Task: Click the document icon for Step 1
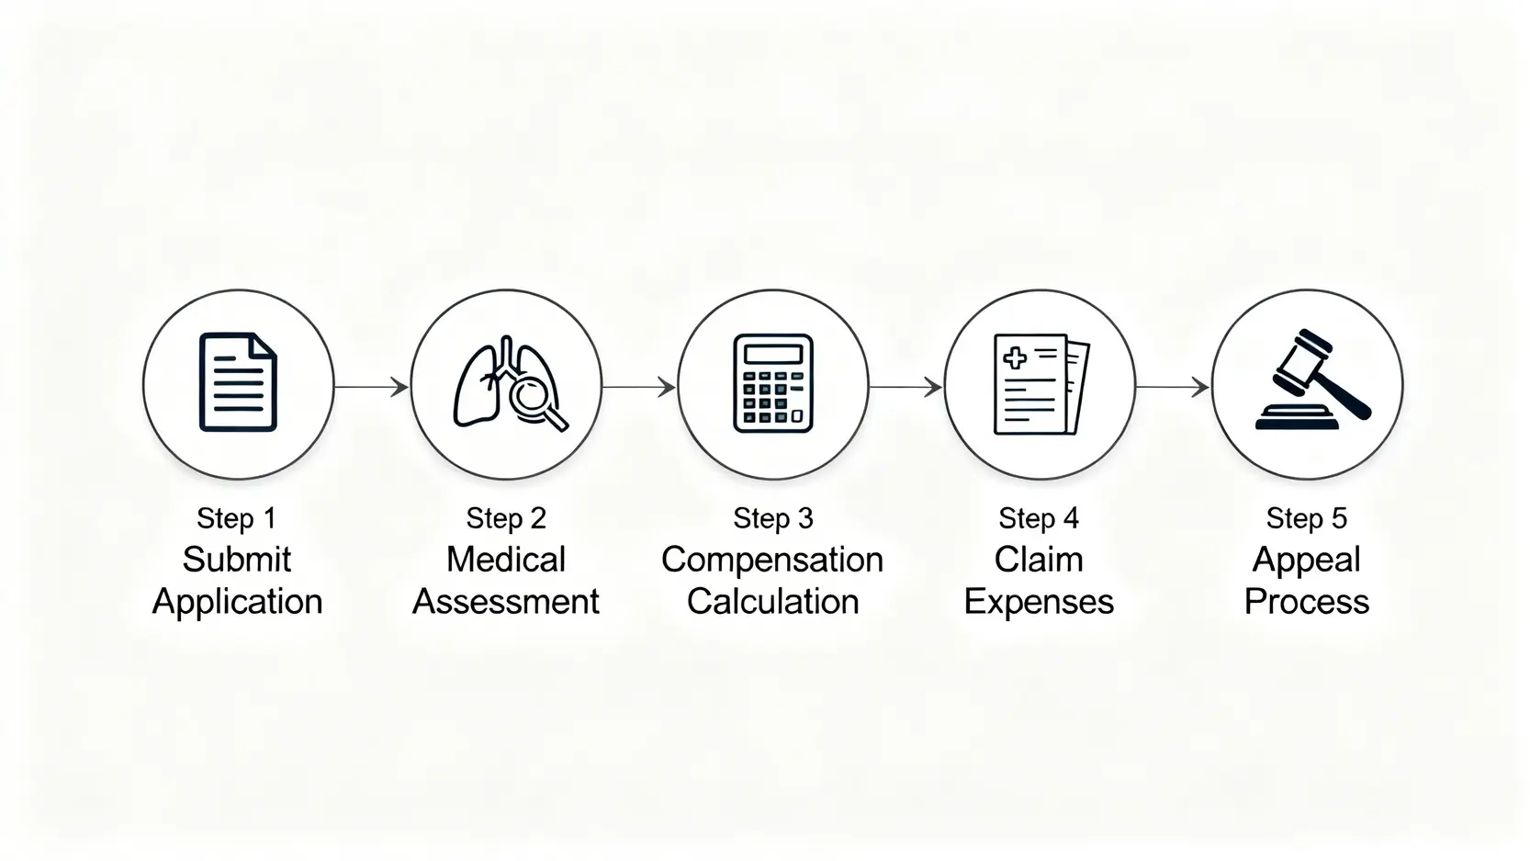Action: [x=238, y=382]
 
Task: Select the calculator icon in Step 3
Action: [x=773, y=383]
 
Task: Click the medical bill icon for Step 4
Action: [x=1041, y=384]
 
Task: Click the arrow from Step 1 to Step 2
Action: [x=372, y=387]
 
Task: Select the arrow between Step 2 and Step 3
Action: [x=639, y=387]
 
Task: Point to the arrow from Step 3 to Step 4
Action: [x=906, y=387]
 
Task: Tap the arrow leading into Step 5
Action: [x=1173, y=387]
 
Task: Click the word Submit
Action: [x=237, y=560]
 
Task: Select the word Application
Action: [x=237, y=602]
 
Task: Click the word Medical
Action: [x=506, y=560]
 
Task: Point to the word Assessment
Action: [x=506, y=602]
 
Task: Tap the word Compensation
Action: [x=772, y=560]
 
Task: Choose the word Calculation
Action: [x=772, y=602]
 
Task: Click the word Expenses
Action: [x=1039, y=602]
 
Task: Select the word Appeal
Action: [x=1307, y=560]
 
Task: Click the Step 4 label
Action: [x=1039, y=518]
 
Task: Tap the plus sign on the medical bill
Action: [x=1015, y=357]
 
